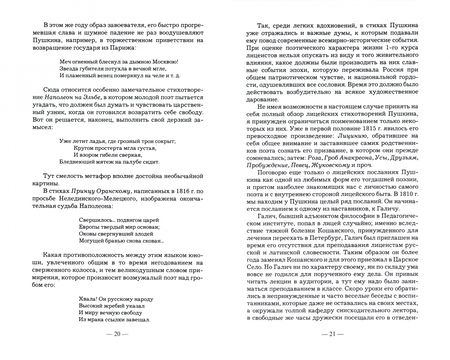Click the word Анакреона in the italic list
[321, 186]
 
